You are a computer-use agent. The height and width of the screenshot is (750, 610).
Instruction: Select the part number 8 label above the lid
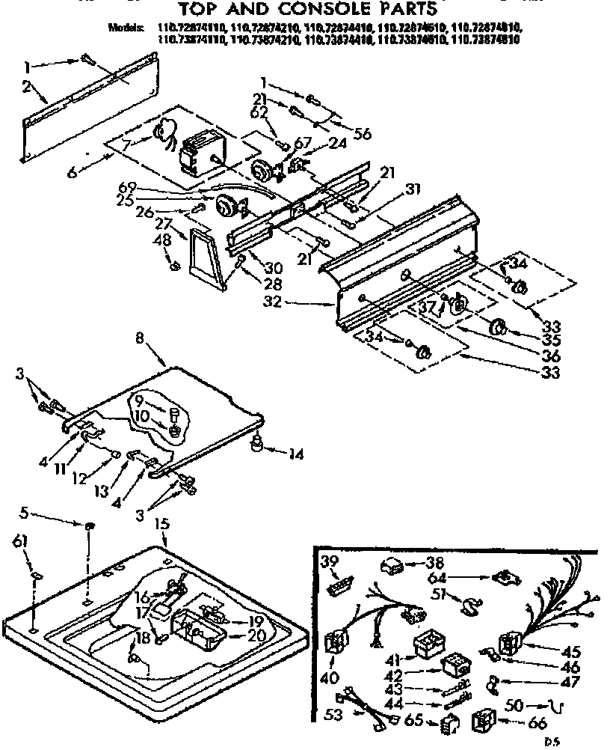click(x=140, y=338)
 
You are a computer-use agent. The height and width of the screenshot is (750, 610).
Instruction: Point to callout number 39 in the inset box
click(x=327, y=563)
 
